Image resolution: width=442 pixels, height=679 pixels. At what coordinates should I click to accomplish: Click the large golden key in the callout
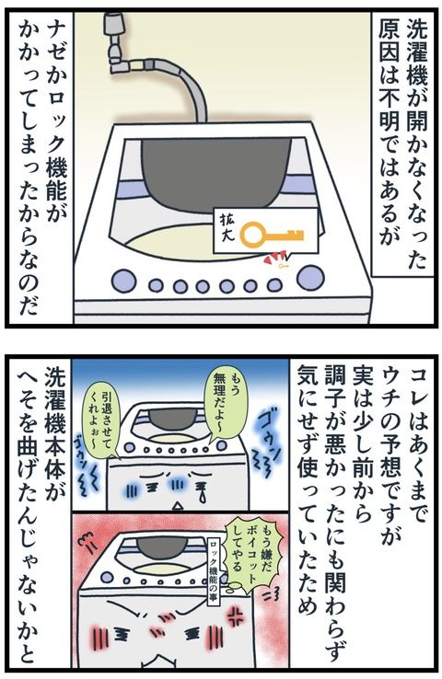[x=271, y=234]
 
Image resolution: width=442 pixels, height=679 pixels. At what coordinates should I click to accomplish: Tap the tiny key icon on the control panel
[x=284, y=266]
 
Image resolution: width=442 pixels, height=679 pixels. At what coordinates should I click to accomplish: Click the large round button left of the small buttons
[x=123, y=280]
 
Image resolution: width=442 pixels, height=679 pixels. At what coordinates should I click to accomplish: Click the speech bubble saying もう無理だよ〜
[x=224, y=402]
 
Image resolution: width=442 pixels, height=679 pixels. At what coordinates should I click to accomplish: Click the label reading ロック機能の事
[x=215, y=570]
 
